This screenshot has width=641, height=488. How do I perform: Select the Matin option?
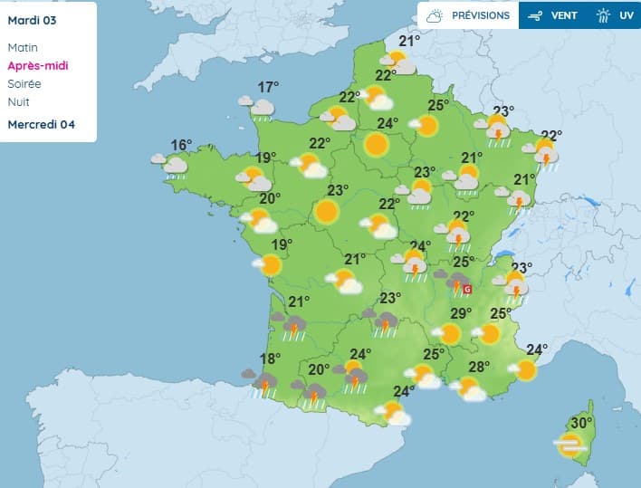(23, 47)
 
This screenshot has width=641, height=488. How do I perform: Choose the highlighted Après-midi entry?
(37, 65)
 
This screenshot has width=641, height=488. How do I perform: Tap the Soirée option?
(24, 83)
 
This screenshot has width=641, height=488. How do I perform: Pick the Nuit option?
(18, 101)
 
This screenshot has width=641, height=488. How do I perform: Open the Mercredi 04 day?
(41, 124)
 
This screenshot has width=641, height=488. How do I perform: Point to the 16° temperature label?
(182, 145)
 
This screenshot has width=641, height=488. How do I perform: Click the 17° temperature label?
(267, 87)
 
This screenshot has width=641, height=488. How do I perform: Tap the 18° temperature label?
(270, 359)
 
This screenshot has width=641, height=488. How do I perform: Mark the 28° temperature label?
(479, 367)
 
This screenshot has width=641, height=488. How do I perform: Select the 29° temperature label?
(462, 313)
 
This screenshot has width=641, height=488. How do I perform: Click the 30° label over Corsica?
(581, 422)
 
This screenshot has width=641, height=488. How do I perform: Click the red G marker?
(468, 289)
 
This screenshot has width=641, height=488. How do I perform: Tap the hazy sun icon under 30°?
(570, 445)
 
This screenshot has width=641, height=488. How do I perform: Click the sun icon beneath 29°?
(450, 334)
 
